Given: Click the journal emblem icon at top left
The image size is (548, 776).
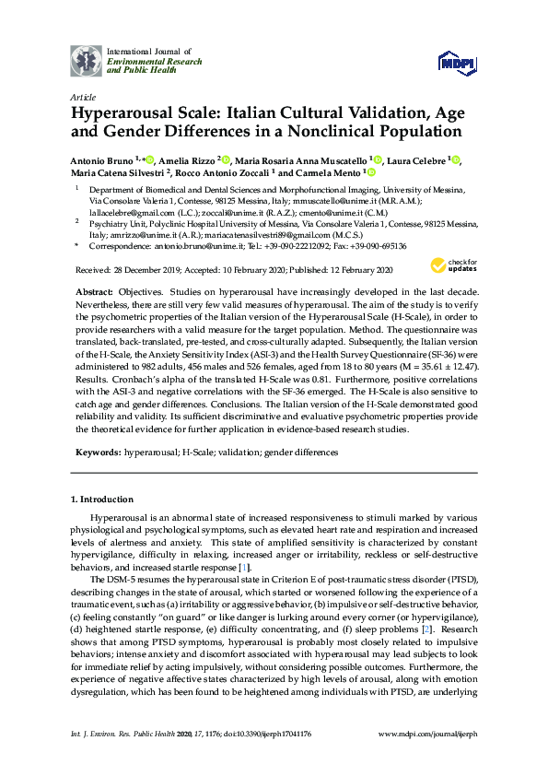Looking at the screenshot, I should [87, 60].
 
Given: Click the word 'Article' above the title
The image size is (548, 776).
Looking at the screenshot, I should [81, 96].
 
